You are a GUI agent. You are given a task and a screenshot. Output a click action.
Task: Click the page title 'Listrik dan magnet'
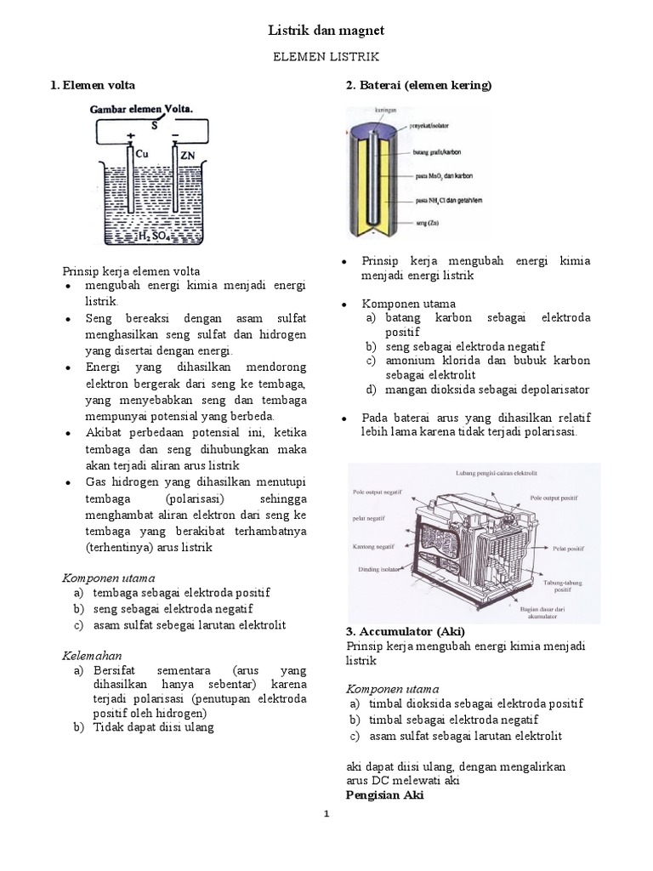(326, 30)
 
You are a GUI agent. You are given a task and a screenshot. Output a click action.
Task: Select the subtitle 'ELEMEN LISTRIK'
(326, 57)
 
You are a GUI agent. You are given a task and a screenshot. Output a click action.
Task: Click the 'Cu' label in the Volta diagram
(143, 155)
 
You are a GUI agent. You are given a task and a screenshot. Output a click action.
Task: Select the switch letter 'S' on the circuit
(155, 125)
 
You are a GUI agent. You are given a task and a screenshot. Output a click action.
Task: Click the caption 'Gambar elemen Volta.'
(142, 109)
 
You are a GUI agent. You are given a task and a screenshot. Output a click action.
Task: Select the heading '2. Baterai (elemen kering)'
(418, 86)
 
